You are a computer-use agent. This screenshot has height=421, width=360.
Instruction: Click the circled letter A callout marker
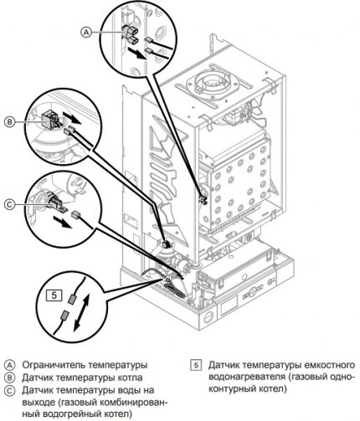coord(86,33)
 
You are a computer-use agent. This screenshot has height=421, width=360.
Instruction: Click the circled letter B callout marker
coord(9,122)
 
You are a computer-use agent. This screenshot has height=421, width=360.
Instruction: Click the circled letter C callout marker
coord(9,204)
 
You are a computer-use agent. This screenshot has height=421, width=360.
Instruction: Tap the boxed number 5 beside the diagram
coord(54,295)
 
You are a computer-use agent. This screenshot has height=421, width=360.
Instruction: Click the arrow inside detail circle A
coord(136,53)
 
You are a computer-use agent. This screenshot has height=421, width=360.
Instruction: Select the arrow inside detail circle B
coord(71,117)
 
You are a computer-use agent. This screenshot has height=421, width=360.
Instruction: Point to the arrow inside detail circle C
coord(62,222)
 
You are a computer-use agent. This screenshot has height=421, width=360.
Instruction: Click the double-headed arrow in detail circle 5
coord(81,313)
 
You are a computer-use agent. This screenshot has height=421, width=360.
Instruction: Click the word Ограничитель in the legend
coord(54,365)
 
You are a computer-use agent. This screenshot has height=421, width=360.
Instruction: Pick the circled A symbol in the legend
coord(9,365)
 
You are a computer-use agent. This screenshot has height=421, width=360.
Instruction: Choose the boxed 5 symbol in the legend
coord(196,365)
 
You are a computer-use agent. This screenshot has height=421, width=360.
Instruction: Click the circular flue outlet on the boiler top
coord(212,82)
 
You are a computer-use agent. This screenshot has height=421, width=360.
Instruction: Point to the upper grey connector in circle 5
coord(72,299)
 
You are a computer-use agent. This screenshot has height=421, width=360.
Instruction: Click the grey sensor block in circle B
coord(49,120)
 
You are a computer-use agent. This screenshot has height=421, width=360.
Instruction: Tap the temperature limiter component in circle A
coord(130,34)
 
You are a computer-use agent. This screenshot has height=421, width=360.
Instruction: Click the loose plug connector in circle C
coord(75,214)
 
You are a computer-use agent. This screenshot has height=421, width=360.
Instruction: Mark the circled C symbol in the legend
coord(9,391)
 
